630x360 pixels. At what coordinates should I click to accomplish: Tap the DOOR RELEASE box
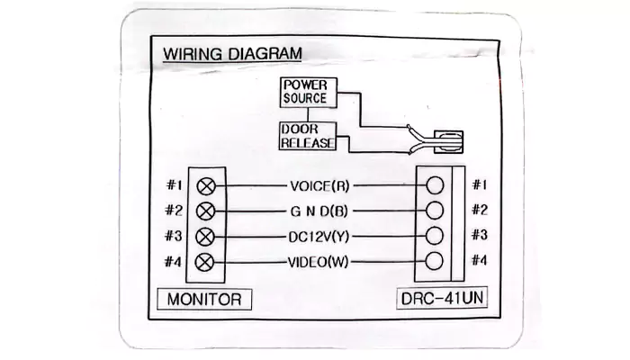pyautogui.click(x=307, y=136)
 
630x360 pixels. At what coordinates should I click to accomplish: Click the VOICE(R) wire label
pyautogui.click(x=319, y=186)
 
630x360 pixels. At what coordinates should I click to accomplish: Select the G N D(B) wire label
pyautogui.click(x=319, y=211)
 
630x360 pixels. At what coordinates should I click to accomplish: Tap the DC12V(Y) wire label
pyautogui.click(x=319, y=237)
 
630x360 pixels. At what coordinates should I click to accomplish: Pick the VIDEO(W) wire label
pyautogui.click(x=319, y=262)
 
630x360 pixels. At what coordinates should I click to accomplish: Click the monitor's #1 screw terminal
pyautogui.click(x=206, y=186)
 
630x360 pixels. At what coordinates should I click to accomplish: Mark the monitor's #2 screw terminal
pyautogui.click(x=206, y=211)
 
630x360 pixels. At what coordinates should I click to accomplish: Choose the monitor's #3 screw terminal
pyautogui.click(x=206, y=237)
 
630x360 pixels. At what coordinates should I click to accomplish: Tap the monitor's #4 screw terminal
pyautogui.click(x=206, y=262)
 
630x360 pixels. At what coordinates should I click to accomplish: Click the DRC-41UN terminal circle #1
pyautogui.click(x=435, y=186)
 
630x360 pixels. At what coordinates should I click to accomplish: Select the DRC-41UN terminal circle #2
pyautogui.click(x=435, y=211)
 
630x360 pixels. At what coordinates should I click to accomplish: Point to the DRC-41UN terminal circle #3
pyautogui.click(x=435, y=237)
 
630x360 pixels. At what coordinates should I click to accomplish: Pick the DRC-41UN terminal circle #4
pyautogui.click(x=435, y=262)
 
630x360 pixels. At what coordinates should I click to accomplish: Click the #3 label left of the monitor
pyautogui.click(x=175, y=237)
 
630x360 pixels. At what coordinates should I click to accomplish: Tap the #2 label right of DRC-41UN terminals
pyautogui.click(x=480, y=211)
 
